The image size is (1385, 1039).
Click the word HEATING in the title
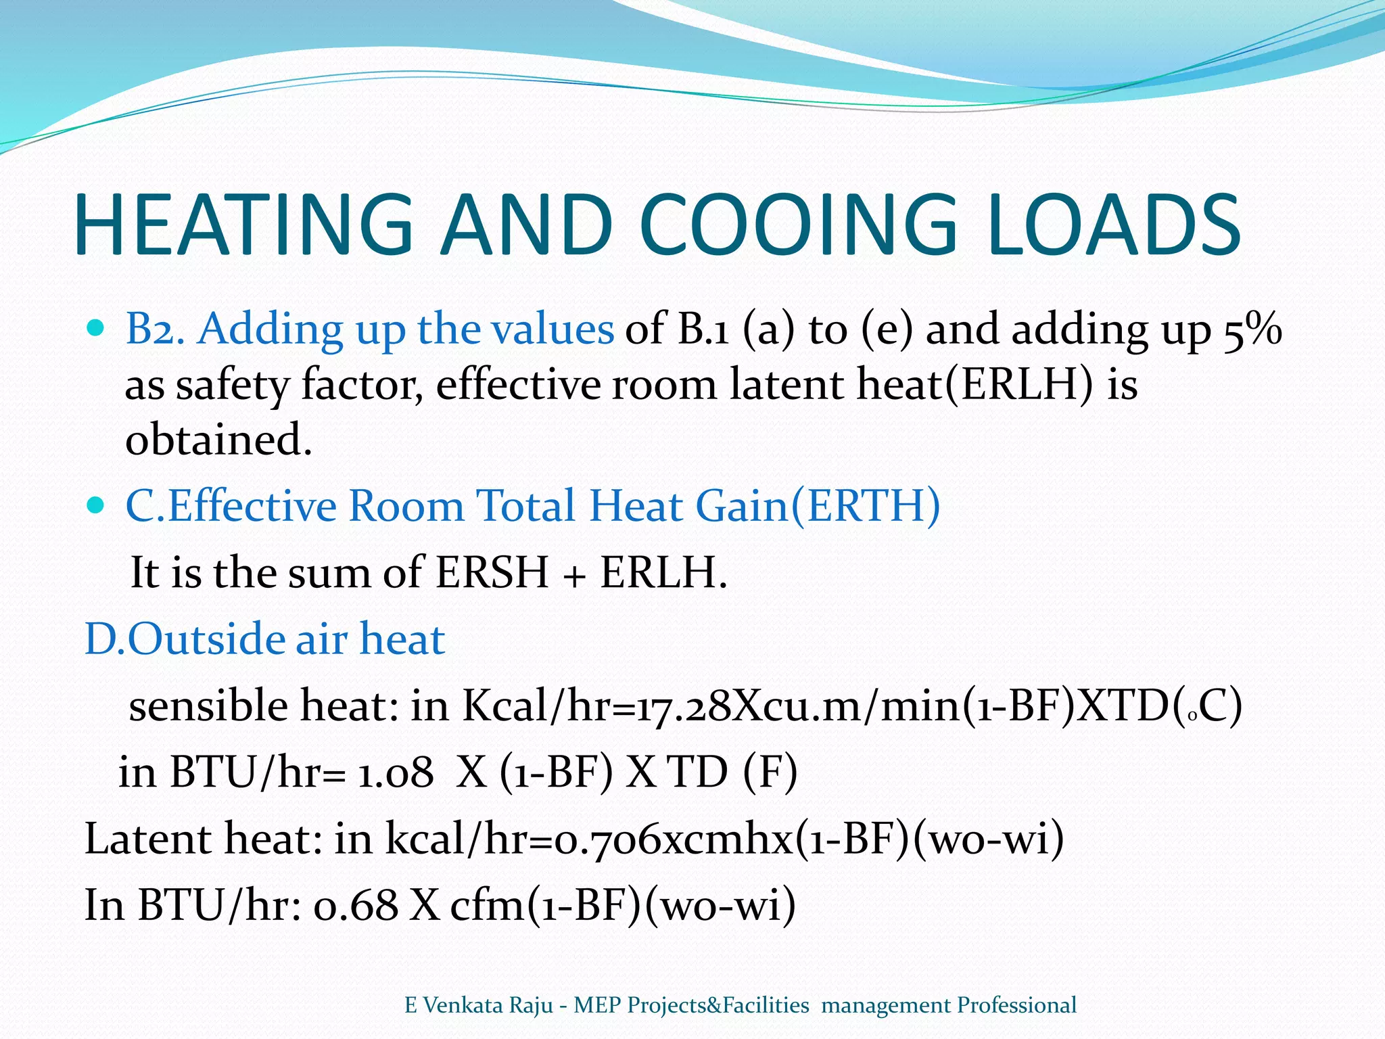click(243, 225)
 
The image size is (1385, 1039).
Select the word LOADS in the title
click(1113, 225)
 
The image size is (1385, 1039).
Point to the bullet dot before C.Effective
click(97, 505)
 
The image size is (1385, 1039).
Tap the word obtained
click(218, 440)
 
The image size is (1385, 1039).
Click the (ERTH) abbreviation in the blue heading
click(866, 505)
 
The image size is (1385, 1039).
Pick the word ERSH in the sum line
click(492, 572)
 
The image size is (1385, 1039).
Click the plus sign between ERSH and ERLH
click(574, 575)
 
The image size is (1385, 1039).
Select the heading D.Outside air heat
click(264, 639)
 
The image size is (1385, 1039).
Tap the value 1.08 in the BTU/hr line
click(396, 772)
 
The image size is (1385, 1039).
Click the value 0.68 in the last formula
click(356, 905)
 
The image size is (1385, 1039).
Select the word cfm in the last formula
click(487, 905)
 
